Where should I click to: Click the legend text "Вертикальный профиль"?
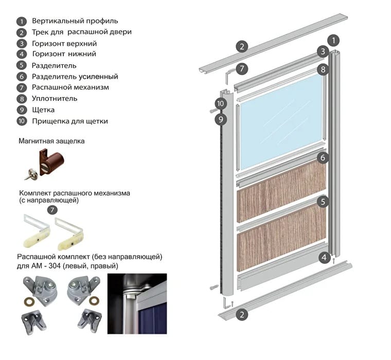(75, 21)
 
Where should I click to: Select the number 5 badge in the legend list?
(21, 65)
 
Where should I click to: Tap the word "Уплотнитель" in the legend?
(55, 98)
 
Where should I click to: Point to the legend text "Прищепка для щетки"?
(70, 121)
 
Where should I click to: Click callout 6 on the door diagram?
(323, 157)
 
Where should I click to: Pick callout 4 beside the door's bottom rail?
(324, 257)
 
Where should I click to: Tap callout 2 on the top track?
(242, 46)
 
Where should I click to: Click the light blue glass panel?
(280, 121)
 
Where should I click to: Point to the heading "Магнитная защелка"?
(51, 141)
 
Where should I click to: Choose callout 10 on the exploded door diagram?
(221, 104)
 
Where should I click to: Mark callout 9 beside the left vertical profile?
(221, 119)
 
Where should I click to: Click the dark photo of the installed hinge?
(137, 303)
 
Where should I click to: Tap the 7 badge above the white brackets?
(52, 210)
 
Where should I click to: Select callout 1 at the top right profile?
(334, 40)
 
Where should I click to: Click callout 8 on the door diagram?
(323, 69)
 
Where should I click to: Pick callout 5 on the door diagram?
(323, 202)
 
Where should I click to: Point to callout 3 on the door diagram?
(323, 51)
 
